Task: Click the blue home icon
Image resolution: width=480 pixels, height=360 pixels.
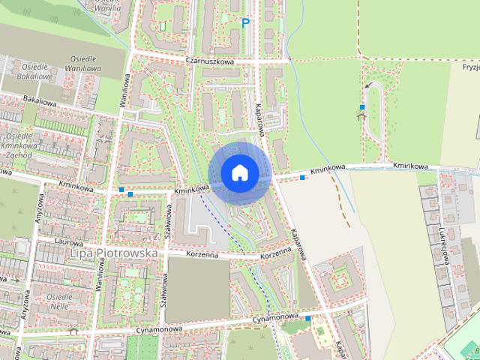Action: pos(239,173)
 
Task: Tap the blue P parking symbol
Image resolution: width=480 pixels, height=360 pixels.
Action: pos(245,24)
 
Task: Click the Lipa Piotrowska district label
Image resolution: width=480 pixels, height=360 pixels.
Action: pos(113,254)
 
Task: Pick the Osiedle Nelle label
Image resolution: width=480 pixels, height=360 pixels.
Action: pos(59,301)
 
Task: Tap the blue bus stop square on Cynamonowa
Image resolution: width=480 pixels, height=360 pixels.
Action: pos(307,319)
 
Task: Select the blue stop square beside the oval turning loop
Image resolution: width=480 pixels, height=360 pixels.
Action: pos(362,107)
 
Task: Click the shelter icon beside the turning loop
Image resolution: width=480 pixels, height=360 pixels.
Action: pos(362,116)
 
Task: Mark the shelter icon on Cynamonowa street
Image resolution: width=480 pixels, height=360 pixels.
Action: pos(73,331)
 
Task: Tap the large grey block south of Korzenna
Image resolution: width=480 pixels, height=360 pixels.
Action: pos(196,289)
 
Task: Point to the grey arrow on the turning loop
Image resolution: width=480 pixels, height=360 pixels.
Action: pos(367,87)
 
